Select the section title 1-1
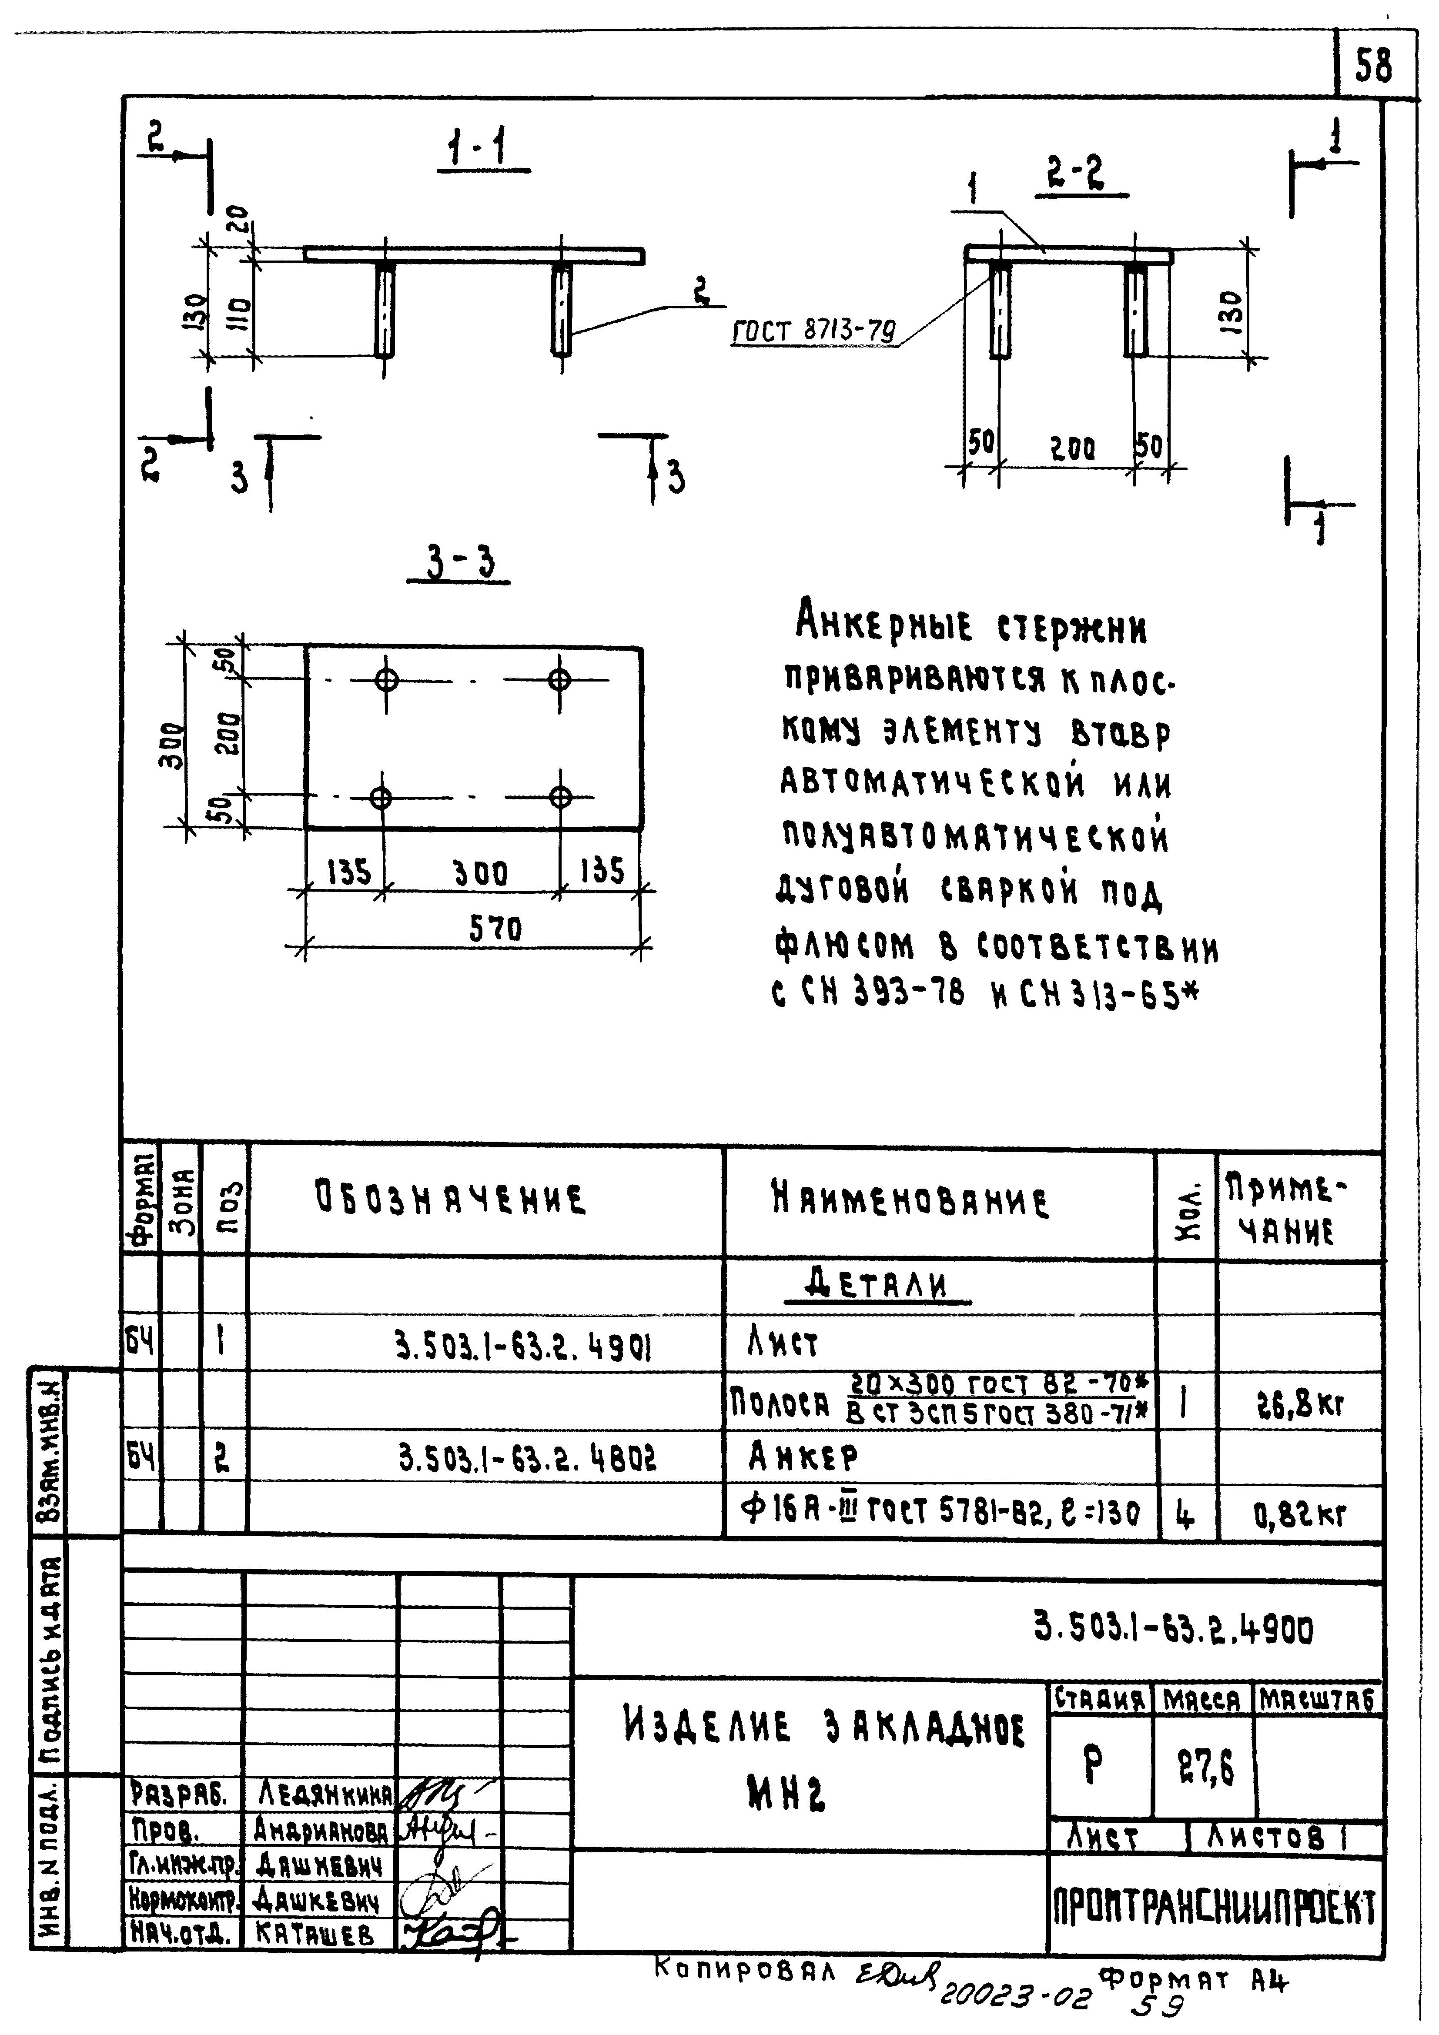pos(476,148)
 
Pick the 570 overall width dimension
pos(495,929)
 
